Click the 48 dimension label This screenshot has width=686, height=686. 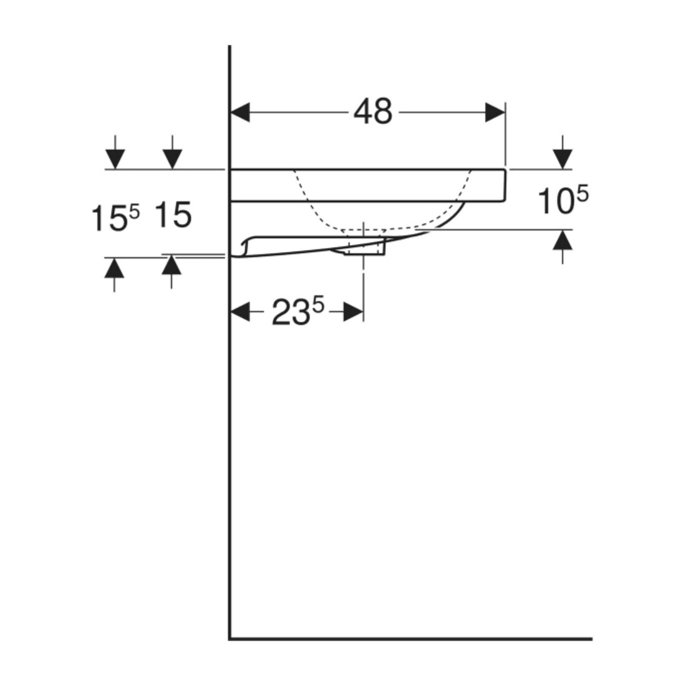373,112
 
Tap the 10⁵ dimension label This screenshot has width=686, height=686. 563,200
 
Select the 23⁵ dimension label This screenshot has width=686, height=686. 298,311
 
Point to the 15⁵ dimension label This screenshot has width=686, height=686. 115,218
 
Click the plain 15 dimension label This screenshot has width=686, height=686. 173,215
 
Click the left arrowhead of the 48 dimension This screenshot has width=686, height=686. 239,113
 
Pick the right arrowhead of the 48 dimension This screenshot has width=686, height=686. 495,113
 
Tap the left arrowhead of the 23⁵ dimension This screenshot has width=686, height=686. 240,312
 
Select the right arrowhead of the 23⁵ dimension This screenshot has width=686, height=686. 354,312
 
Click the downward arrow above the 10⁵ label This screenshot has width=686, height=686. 562,152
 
